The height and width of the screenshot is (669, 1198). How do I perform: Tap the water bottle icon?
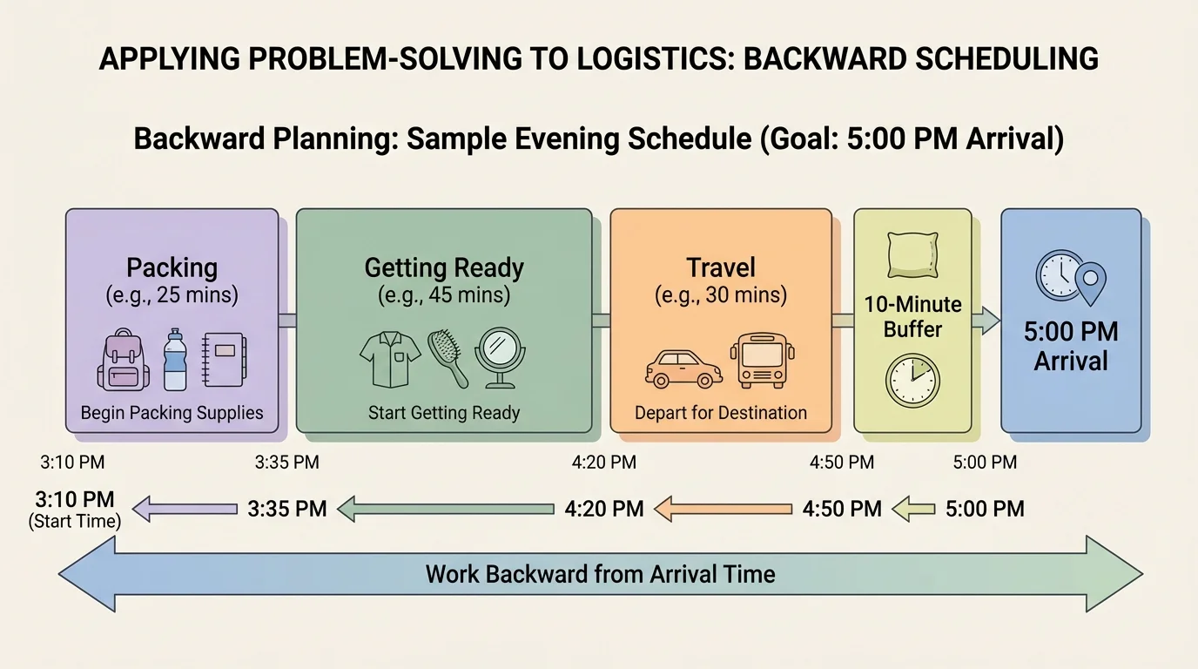tap(176, 360)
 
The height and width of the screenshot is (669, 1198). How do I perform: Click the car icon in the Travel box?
tap(683, 368)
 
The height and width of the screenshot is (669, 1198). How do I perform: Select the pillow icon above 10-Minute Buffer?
tap(912, 255)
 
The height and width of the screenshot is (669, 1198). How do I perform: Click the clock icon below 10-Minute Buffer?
tap(912, 381)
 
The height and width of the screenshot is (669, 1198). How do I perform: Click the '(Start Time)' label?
tap(75, 522)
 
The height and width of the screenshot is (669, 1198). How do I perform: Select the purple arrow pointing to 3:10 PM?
tap(185, 509)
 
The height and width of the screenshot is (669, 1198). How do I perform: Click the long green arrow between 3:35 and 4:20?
tap(446, 509)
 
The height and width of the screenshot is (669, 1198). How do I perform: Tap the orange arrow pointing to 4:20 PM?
tap(724, 509)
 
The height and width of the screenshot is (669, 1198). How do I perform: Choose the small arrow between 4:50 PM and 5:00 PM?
tap(913, 509)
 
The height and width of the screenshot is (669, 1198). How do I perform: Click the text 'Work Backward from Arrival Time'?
tap(600, 574)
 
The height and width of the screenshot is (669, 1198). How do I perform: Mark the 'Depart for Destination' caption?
tap(721, 413)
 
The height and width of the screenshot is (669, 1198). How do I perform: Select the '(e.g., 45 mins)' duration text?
tap(444, 295)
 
